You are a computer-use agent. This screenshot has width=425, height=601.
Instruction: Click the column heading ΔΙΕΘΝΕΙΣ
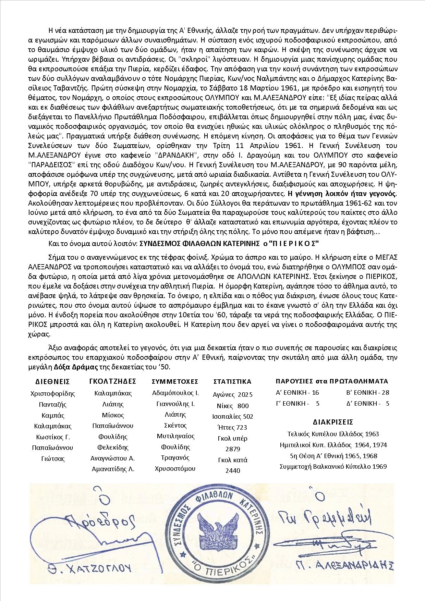[x=53, y=382]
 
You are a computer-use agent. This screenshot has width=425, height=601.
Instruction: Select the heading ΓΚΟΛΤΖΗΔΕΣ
[x=113, y=381]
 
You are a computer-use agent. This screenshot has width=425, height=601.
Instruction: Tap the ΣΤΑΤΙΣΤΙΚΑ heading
[x=232, y=382]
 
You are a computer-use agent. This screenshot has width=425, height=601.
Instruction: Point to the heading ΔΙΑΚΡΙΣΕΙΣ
[x=333, y=422]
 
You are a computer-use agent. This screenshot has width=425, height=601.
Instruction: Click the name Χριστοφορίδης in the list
[x=53, y=394]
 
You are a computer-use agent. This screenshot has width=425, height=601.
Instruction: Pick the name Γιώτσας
[x=53, y=458]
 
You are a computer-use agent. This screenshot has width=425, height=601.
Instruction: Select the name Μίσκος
[x=113, y=415]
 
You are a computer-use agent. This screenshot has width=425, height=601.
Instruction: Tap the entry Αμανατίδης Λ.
[x=113, y=469]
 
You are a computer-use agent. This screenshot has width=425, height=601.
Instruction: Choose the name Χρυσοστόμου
[x=175, y=468]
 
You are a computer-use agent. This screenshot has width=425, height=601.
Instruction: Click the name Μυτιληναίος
[x=175, y=436]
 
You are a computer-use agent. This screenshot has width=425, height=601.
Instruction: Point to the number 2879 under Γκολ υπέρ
[x=233, y=449]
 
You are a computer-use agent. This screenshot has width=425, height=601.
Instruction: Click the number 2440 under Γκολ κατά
[x=233, y=471]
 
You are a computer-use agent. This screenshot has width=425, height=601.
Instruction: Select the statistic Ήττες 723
[x=232, y=427]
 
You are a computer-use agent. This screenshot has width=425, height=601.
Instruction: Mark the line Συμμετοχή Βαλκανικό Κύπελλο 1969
[x=333, y=466]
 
